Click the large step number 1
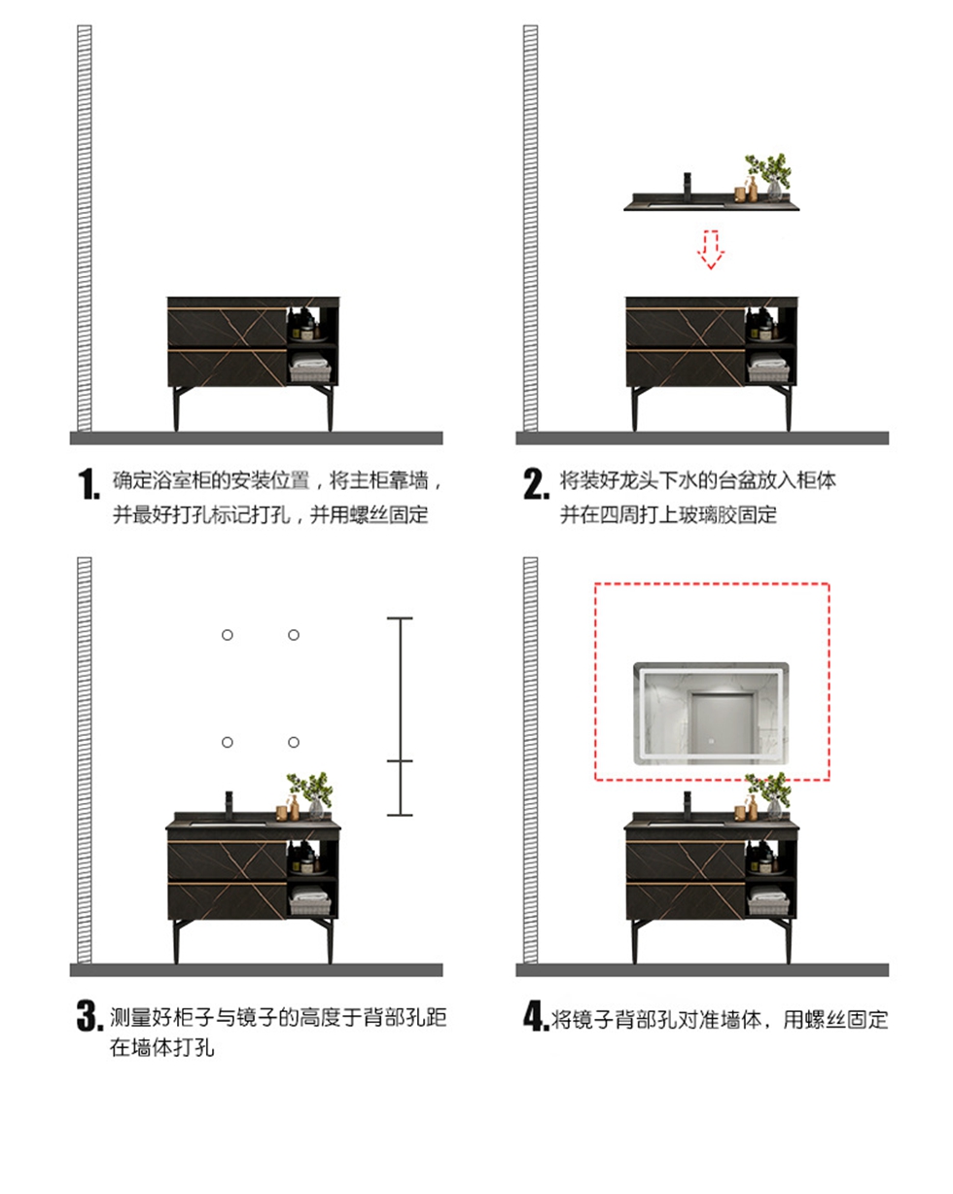(x=88, y=483)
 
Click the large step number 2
(x=536, y=483)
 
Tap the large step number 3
(x=89, y=1016)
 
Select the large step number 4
(x=536, y=1016)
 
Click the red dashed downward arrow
(x=711, y=250)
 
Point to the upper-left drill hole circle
(x=227, y=635)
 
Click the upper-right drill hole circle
(x=294, y=635)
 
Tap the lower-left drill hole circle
(x=227, y=743)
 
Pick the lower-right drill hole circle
(x=294, y=743)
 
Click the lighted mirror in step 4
(x=711, y=713)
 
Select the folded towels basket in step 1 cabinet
(x=309, y=369)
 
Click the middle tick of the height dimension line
(x=400, y=760)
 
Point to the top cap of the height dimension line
(x=400, y=617)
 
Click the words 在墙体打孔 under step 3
(x=161, y=1048)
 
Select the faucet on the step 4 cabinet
(x=688, y=806)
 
